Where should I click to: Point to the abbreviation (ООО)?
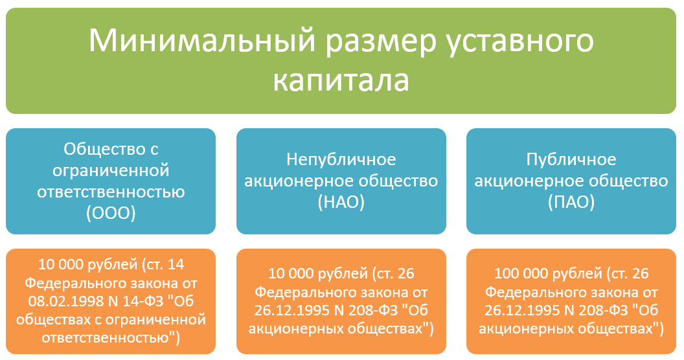[x=111, y=214]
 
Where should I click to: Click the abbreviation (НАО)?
[x=341, y=203]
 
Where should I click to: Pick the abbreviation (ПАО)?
[x=572, y=203]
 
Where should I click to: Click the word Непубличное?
[x=341, y=159]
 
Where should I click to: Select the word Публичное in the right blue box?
[x=572, y=159]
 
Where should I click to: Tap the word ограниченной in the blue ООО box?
[x=111, y=171]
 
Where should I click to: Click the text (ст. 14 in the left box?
[x=163, y=264]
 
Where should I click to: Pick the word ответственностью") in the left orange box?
[x=111, y=337]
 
